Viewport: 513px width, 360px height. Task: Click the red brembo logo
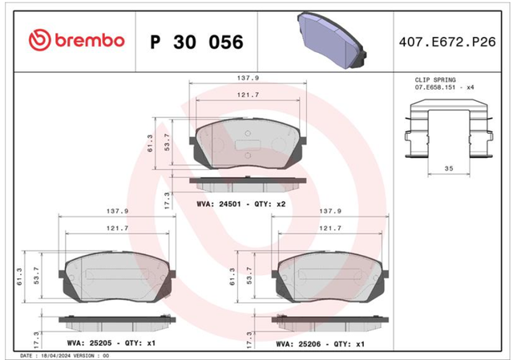point(77,40)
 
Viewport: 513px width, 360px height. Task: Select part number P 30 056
point(196,42)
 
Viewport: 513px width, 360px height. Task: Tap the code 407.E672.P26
point(447,42)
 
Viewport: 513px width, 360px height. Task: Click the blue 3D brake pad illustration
point(331,40)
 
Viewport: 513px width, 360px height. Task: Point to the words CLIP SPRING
point(435,80)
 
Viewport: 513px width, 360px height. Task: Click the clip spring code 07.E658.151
point(435,87)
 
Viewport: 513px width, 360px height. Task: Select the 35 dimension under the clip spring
point(449,168)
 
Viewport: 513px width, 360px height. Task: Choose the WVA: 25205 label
point(89,343)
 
